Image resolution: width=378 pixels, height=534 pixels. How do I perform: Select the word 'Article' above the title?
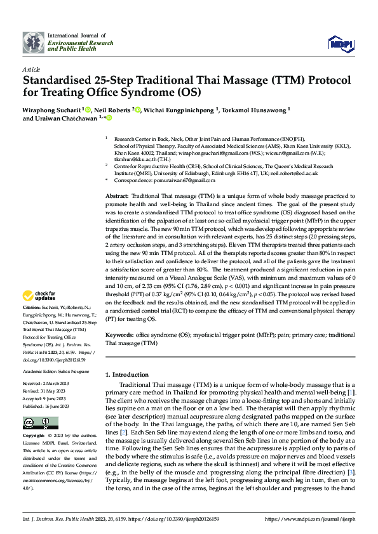(31, 69)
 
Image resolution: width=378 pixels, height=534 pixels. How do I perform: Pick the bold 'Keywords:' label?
(119, 334)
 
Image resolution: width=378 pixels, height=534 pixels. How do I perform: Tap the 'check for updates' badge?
(40, 296)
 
